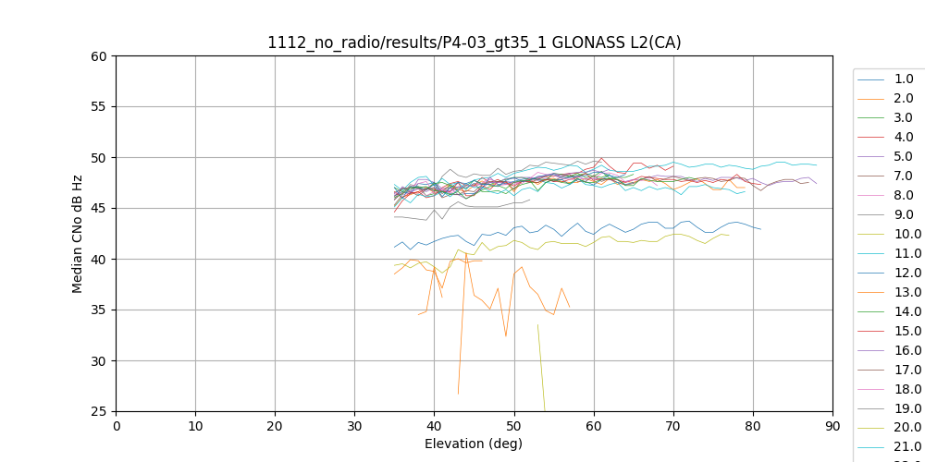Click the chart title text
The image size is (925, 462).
(x=474, y=43)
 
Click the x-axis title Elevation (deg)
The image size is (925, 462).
(x=474, y=444)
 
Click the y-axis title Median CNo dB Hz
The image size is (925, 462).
(x=78, y=234)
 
